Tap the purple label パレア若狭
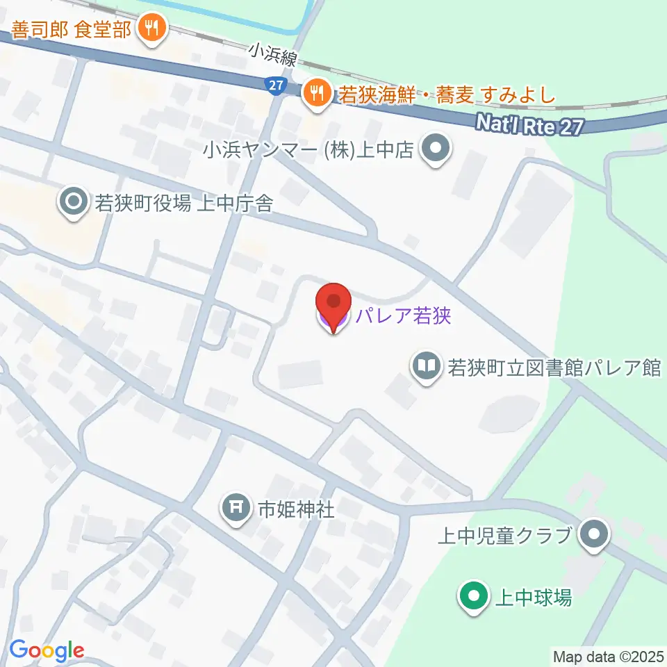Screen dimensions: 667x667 pyautogui.click(x=403, y=317)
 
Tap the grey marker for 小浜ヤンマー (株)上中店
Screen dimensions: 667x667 pyautogui.click(x=436, y=149)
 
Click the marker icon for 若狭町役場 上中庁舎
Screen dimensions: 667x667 pyautogui.click(x=73, y=203)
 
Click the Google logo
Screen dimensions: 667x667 pyautogui.click(x=47, y=650)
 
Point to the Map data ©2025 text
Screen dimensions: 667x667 pyautogui.click(x=608, y=656)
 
